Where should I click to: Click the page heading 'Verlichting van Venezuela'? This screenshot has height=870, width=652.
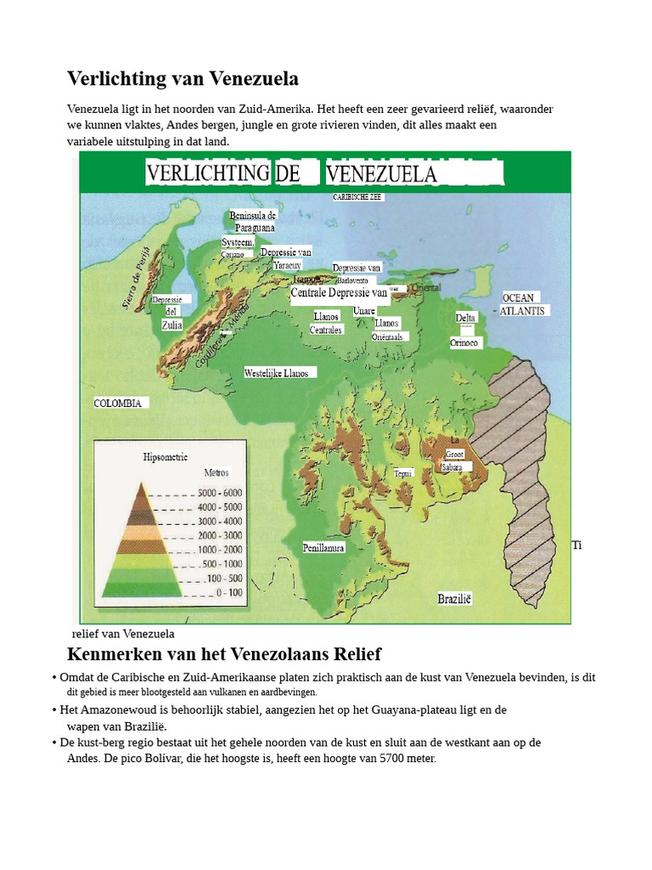pyautogui.click(x=183, y=79)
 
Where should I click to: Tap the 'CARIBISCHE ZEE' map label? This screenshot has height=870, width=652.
pyautogui.click(x=357, y=196)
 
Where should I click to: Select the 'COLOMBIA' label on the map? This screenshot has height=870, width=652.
pyautogui.click(x=118, y=404)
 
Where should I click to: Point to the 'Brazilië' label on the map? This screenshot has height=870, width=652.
pyautogui.click(x=454, y=599)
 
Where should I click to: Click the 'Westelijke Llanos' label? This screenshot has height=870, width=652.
pyautogui.click(x=276, y=373)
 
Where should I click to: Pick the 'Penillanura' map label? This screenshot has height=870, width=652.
pyautogui.click(x=323, y=548)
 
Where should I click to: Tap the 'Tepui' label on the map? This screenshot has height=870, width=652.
pyautogui.click(x=402, y=473)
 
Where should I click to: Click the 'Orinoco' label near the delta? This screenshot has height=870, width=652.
pyautogui.click(x=464, y=343)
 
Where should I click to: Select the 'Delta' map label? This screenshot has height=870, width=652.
pyautogui.click(x=465, y=318)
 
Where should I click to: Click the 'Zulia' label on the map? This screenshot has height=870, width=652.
pyautogui.click(x=171, y=325)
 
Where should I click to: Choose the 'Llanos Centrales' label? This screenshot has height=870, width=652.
pyautogui.click(x=326, y=323)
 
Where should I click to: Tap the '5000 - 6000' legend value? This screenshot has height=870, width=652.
pyautogui.click(x=220, y=493)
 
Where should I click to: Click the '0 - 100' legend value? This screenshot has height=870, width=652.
pyautogui.click(x=228, y=592)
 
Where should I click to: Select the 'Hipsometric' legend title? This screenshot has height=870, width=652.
pyautogui.click(x=166, y=457)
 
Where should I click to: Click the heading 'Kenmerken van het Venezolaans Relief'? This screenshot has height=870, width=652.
pyautogui.click(x=224, y=654)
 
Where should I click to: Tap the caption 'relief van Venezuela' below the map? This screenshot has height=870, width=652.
pyautogui.click(x=123, y=634)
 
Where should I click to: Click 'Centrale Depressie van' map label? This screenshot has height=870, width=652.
pyautogui.click(x=339, y=293)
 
